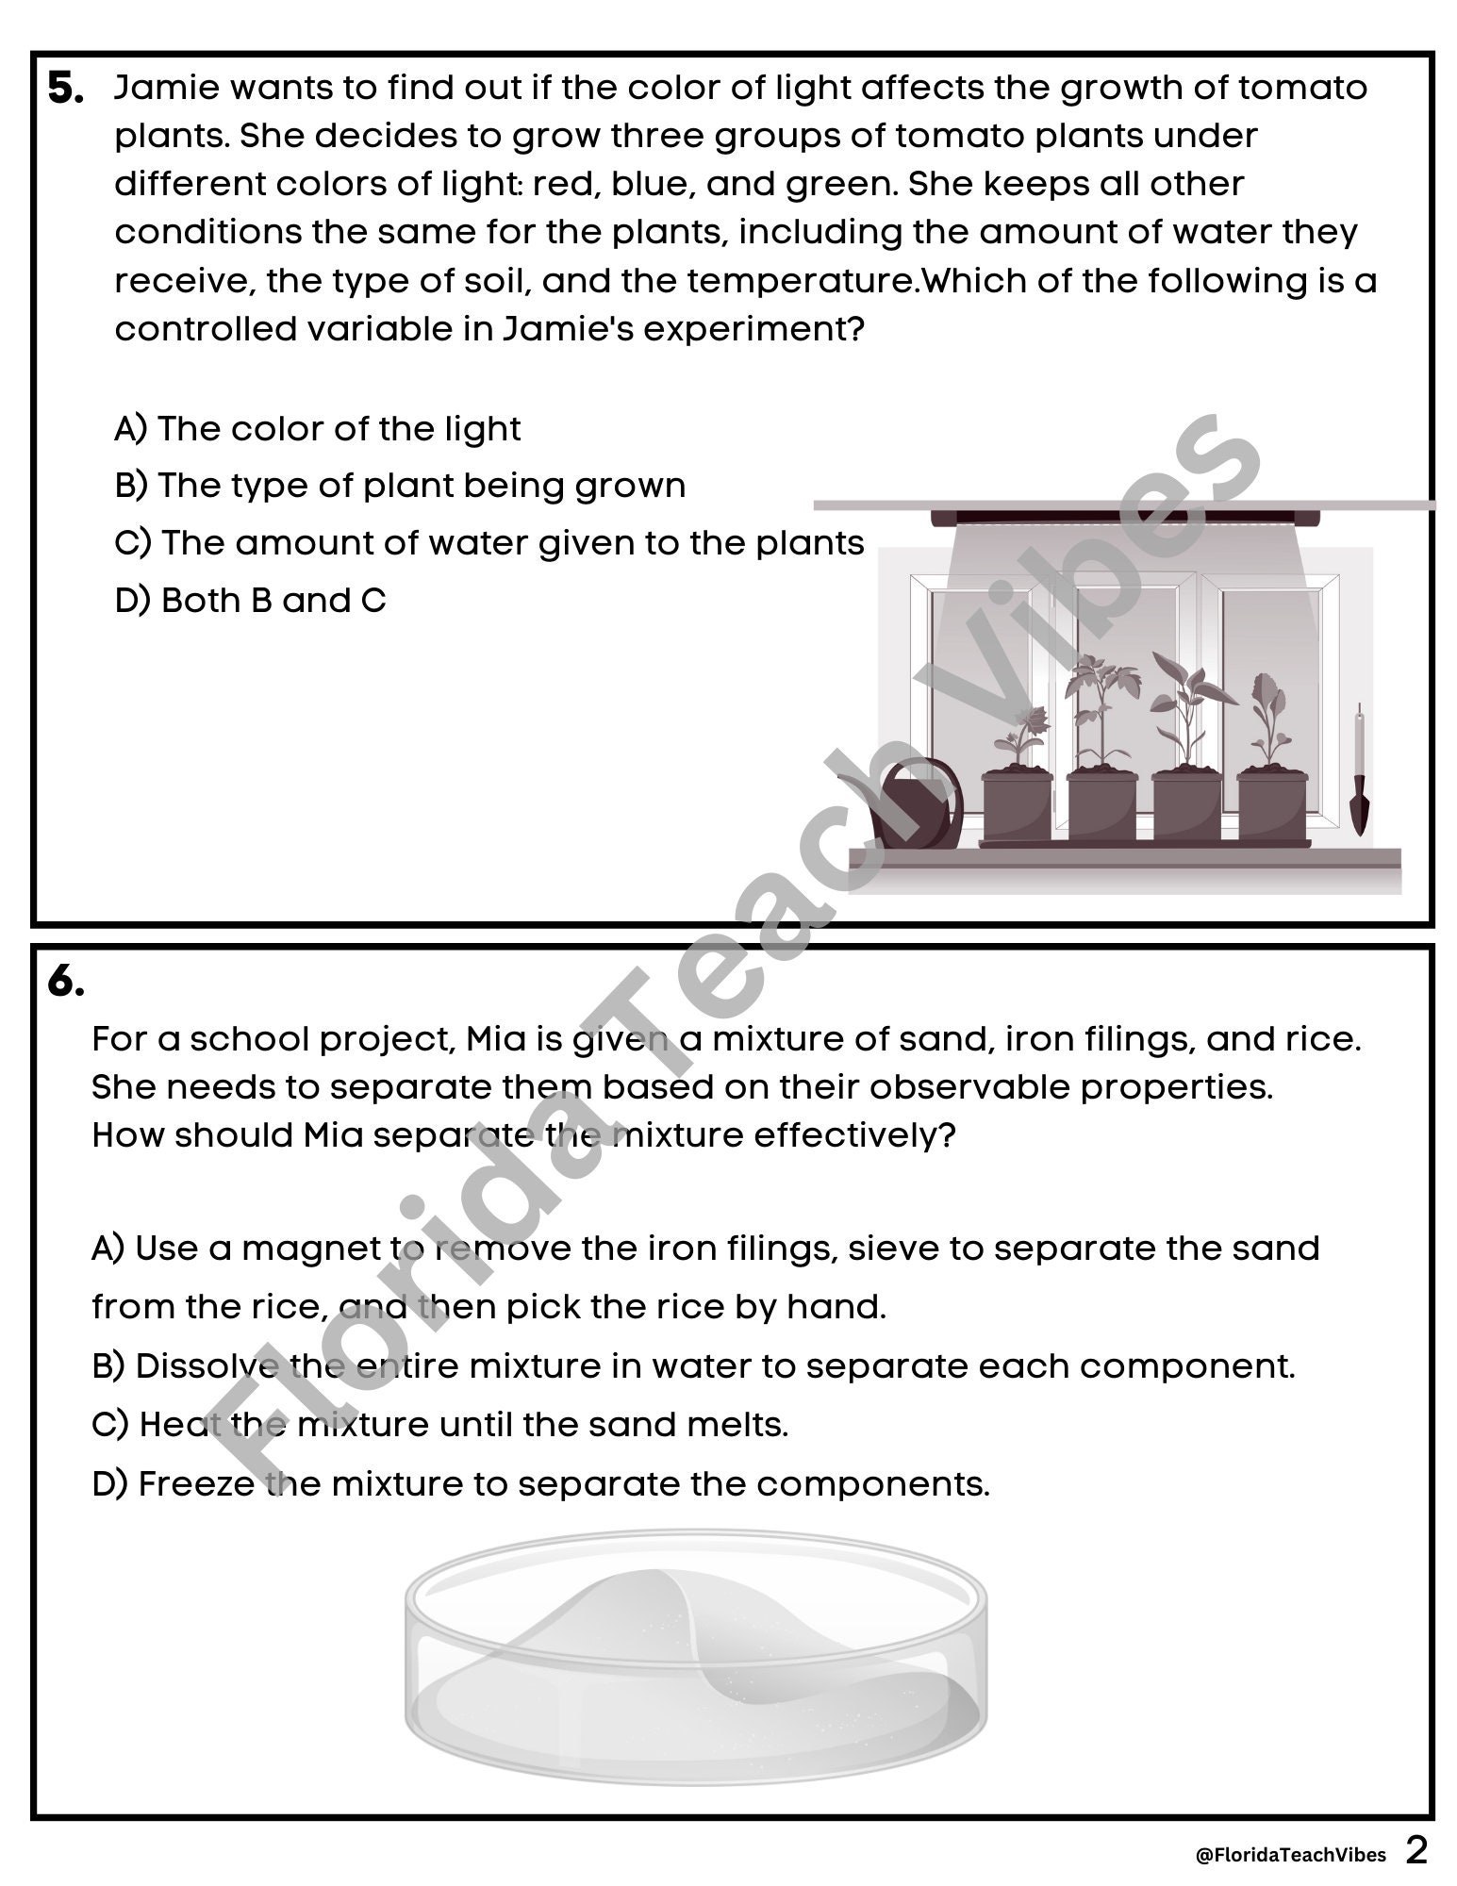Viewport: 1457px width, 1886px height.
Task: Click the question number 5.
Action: point(66,90)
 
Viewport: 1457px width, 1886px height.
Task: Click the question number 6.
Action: point(66,983)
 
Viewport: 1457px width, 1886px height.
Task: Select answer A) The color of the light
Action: point(317,429)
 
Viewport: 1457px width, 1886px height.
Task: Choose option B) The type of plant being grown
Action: point(400,486)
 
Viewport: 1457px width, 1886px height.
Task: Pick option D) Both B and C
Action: point(250,601)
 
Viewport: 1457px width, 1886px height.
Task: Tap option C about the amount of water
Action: point(488,543)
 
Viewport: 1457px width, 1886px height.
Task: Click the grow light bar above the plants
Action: point(1125,517)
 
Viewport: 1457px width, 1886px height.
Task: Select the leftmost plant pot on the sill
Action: point(1017,806)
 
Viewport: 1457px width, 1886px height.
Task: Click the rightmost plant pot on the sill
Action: point(1272,806)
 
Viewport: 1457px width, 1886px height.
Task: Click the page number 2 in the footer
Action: point(1416,1850)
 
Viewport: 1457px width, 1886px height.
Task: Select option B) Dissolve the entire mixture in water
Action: point(693,1365)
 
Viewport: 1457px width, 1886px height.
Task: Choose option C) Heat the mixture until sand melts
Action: point(439,1424)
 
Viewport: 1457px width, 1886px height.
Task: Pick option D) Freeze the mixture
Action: point(540,1483)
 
